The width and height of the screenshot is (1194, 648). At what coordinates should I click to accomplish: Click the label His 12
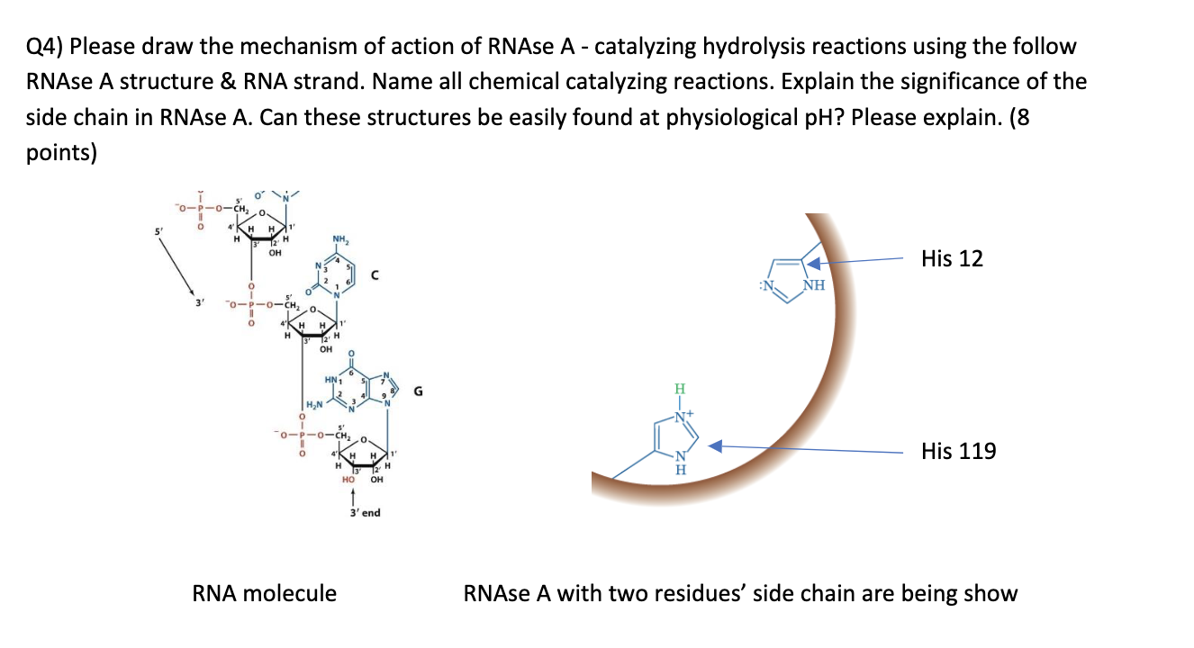[952, 259]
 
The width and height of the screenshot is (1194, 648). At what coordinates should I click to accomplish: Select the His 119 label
[958, 451]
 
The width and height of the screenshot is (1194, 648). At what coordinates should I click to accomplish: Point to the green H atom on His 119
[680, 390]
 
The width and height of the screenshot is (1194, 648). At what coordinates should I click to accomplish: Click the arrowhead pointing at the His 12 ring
[812, 264]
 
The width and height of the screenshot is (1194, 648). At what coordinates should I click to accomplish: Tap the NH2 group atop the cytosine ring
[340, 239]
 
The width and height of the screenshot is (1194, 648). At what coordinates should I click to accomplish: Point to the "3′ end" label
[364, 513]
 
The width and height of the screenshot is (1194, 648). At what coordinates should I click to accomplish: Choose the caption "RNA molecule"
[265, 593]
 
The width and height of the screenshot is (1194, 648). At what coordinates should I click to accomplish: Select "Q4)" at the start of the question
[45, 46]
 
